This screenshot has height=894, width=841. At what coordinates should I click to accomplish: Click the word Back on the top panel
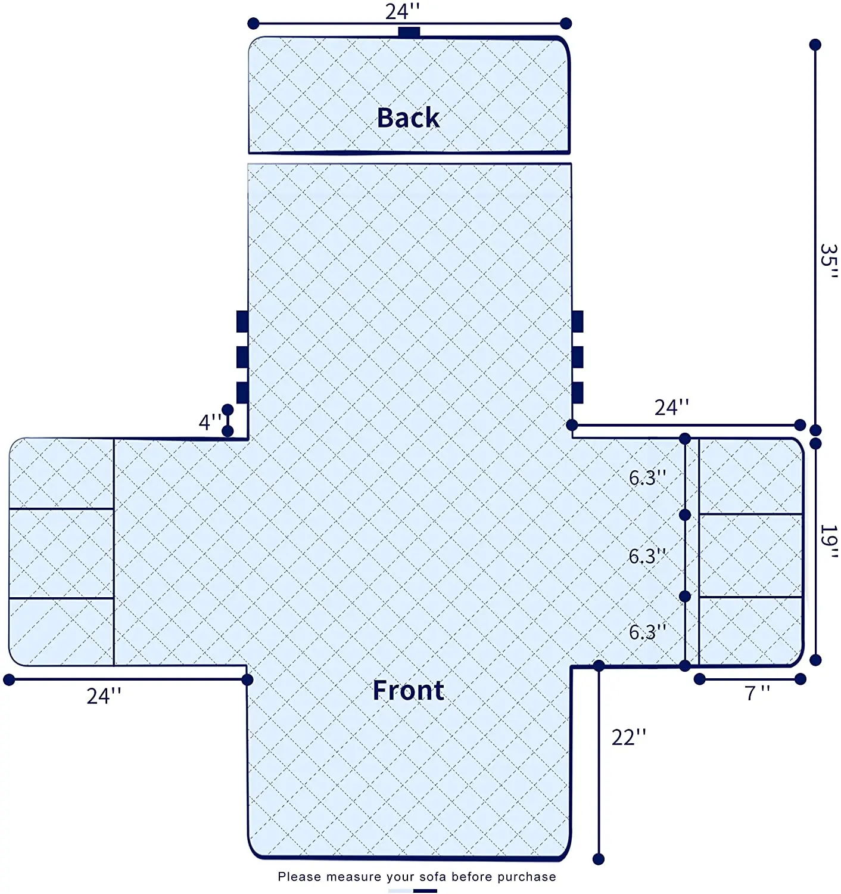[408, 118]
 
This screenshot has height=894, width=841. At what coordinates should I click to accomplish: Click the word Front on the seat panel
[408, 690]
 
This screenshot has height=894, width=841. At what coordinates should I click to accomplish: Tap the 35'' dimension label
[828, 262]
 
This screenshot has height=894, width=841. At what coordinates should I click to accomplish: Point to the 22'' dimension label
[628, 738]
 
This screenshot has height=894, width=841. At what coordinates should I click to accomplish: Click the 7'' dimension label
[757, 693]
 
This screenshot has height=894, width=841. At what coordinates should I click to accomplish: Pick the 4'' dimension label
[210, 422]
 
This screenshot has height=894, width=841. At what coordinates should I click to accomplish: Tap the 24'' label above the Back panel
[403, 11]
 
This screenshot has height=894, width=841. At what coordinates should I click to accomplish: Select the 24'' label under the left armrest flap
[104, 696]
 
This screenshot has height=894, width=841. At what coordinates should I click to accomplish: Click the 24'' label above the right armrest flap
[671, 408]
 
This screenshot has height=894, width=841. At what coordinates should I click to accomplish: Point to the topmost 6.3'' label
[647, 477]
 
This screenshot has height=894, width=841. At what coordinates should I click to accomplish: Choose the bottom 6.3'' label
[647, 632]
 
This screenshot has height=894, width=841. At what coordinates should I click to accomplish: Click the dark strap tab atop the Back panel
[409, 32]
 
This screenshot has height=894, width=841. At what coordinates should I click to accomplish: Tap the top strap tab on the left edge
[242, 321]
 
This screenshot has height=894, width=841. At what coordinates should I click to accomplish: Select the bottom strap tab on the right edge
[577, 393]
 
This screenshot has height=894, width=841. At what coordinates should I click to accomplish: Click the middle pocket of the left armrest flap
[61, 553]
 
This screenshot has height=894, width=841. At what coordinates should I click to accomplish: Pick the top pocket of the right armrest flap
[750, 476]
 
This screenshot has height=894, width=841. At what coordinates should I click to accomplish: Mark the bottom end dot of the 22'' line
[599, 859]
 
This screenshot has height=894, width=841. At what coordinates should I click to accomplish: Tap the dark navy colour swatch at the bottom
[425, 891]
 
